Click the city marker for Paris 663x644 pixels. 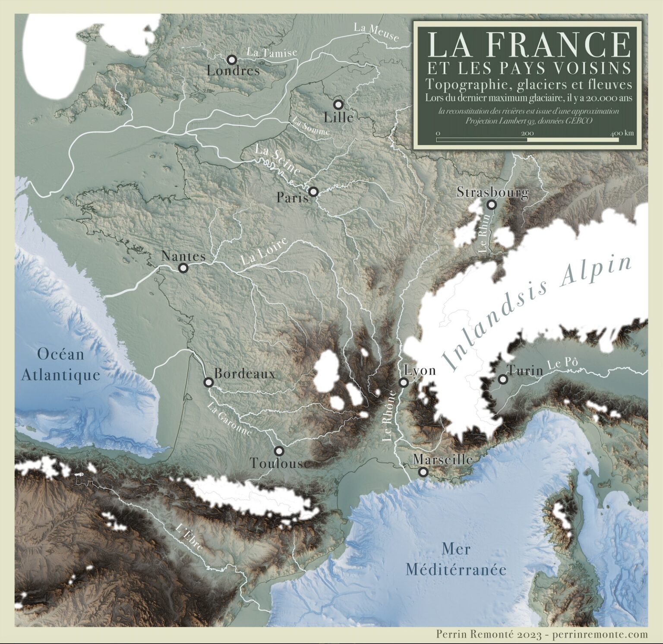(x=313, y=191)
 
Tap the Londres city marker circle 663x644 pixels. (x=232, y=60)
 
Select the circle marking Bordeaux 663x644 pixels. (x=208, y=382)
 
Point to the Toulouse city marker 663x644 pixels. (x=279, y=451)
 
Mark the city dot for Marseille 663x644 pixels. (x=423, y=472)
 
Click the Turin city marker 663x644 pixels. (x=502, y=380)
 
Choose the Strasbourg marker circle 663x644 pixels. (x=491, y=205)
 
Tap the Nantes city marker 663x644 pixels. (x=183, y=268)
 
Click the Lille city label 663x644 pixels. (x=339, y=117)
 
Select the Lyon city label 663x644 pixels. (x=420, y=371)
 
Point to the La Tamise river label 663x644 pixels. (x=272, y=52)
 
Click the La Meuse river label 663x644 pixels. (x=376, y=32)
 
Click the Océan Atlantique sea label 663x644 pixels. (x=60, y=364)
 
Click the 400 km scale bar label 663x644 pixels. (x=622, y=133)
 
